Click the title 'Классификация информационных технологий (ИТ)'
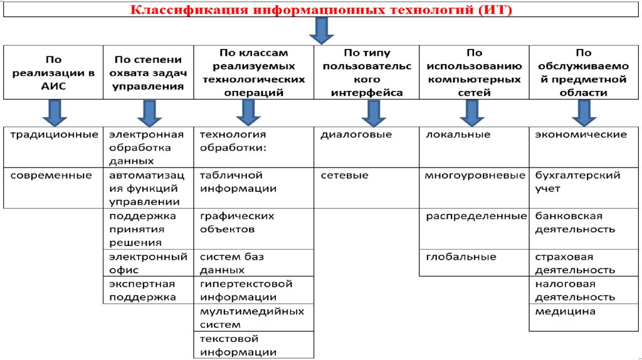coord(321,11)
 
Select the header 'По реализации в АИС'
coord(53,73)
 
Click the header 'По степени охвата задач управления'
coord(148,73)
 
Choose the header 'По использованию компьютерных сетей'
coord(474,73)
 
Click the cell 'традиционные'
coord(53,135)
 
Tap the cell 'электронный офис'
coord(148,263)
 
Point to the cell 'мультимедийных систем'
coord(251,318)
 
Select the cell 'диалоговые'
coord(356,135)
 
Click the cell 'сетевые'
coord(345,176)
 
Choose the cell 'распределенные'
coord(476,216)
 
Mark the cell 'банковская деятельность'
coord(574,223)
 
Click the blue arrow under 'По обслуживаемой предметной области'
coord(584,113)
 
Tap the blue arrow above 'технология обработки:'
coord(248,113)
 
